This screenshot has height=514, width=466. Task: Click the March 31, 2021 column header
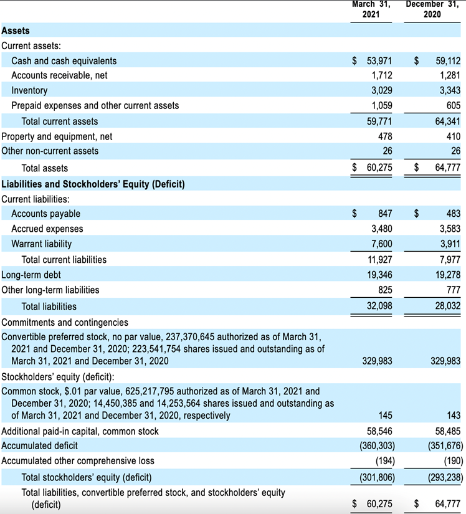tap(371, 9)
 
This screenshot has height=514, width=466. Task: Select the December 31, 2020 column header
tap(432, 9)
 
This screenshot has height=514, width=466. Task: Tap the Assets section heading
tap(16, 31)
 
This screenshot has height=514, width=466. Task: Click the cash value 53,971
tap(379, 61)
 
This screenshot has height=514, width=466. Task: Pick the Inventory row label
tap(29, 90)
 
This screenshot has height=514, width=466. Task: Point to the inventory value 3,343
tap(450, 90)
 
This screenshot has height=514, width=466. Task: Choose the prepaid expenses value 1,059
tap(381, 105)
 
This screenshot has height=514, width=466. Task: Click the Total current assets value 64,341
tap(448, 121)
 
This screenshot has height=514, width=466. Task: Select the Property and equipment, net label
tap(57, 136)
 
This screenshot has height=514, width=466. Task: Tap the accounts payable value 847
tap(385, 214)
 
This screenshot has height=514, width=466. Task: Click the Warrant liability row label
tap(41, 244)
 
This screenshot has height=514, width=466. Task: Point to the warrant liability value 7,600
tap(381, 244)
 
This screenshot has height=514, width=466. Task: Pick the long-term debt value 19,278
tap(448, 275)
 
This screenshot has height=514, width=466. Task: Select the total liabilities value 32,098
tap(379, 306)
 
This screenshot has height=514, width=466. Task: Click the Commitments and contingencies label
tap(65, 323)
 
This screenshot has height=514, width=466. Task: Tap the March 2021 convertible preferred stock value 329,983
tap(377, 361)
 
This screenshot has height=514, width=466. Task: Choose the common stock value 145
tap(385, 416)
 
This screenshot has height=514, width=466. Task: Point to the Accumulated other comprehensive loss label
tap(78, 461)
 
